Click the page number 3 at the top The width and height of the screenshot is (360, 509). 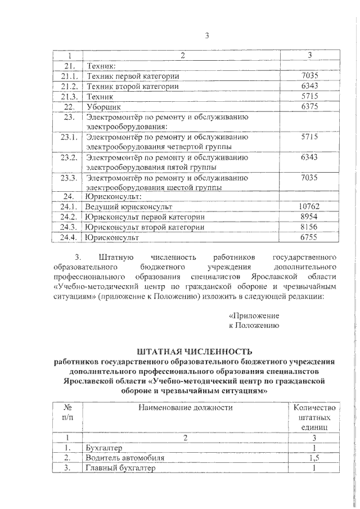point(207,37)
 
